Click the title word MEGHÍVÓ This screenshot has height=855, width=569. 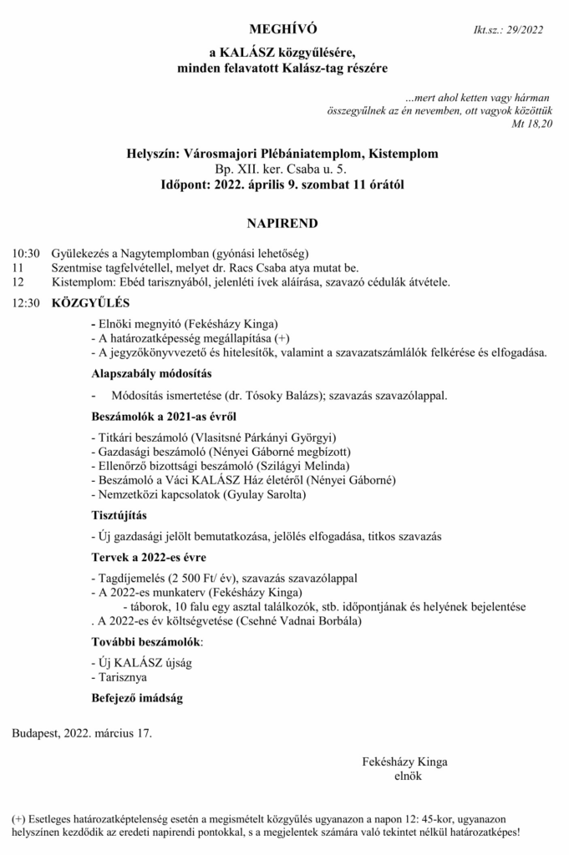tap(284, 31)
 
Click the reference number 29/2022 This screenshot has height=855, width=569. tap(523, 31)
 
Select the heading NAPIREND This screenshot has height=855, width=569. tap(283, 224)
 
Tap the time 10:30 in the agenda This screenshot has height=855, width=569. tap(26, 252)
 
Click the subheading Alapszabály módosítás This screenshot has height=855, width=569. tap(151, 372)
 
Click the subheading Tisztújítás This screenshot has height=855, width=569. tap(121, 515)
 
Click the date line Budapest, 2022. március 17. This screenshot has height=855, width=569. tap(82, 734)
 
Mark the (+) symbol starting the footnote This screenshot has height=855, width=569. tap(18, 819)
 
